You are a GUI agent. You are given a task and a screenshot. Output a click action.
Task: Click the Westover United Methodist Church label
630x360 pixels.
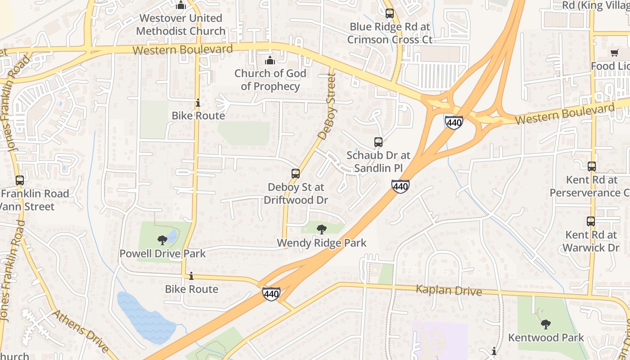181,25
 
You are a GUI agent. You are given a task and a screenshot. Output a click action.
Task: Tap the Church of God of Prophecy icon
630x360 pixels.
270,60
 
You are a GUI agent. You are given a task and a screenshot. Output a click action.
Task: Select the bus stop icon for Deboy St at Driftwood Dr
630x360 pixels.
296,173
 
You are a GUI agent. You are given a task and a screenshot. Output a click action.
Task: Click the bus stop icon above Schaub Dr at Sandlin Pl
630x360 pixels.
378,142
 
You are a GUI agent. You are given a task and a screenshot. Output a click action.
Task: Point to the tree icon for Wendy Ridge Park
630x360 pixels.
321,229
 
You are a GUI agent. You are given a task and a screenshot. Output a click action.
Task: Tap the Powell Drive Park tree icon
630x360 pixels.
162,240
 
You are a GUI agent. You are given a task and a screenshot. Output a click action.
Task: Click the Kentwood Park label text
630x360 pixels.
546,337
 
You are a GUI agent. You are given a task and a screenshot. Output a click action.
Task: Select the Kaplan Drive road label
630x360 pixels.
449,290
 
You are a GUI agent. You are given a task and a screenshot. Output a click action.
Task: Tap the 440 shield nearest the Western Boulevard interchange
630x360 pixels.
454,122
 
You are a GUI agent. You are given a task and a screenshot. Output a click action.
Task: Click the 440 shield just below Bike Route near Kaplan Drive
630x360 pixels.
271,294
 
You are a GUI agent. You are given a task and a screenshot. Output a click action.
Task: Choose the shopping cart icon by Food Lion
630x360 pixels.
615,53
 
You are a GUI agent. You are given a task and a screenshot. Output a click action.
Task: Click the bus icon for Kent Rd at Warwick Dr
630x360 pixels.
591,221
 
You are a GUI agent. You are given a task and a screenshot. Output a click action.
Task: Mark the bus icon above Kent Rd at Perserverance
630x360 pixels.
592,166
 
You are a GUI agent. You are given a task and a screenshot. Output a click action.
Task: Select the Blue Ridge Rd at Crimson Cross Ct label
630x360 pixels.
390,33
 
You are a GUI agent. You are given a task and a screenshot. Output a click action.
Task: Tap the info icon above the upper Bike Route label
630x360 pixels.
198,103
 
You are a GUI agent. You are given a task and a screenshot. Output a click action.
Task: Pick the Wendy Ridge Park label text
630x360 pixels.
321,243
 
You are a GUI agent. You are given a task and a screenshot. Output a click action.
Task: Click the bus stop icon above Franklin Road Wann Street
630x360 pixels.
20,180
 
